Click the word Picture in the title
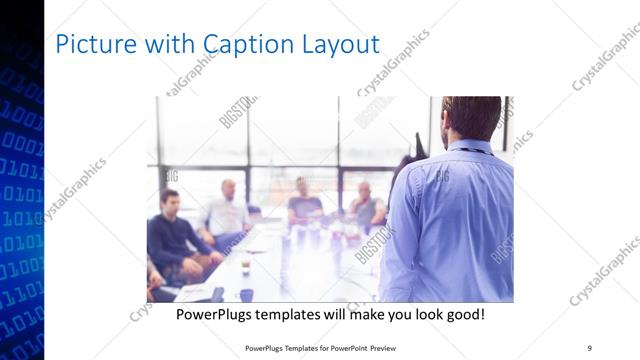coord(91,44)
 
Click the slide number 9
coord(589,347)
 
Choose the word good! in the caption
coord(463,314)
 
